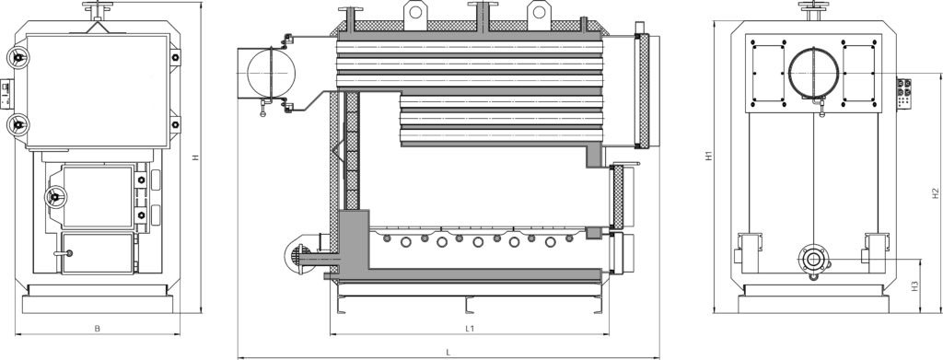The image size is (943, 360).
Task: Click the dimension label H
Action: point(195,157)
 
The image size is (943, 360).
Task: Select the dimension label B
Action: point(97,328)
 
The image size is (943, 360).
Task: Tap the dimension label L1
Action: point(471,328)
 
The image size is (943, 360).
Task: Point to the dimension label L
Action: point(448,352)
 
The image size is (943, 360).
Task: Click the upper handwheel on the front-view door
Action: point(18,58)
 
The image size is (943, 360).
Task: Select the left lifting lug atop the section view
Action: point(415,13)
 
